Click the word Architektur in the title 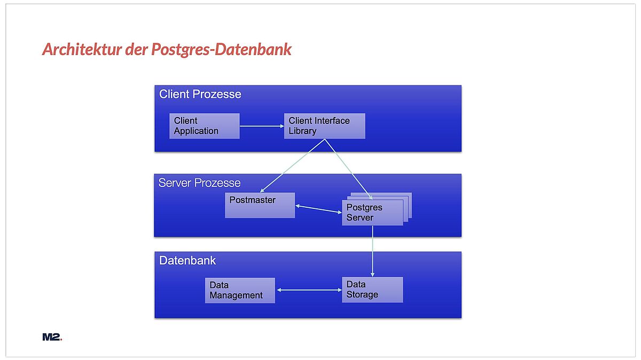tap(82, 49)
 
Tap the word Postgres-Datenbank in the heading tap(221, 49)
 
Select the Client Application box tap(204, 126)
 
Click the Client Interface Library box tap(325, 126)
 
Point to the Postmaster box tap(260, 205)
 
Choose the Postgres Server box tap(372, 213)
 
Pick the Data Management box tap(240, 290)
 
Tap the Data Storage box tap(372, 289)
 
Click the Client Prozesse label tap(200, 94)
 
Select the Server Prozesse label tap(199, 183)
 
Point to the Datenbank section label tap(187, 261)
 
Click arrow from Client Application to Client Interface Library tap(262, 126)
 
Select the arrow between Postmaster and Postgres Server tap(318, 209)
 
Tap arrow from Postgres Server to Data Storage tap(372, 251)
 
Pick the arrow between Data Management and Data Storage tap(309, 290)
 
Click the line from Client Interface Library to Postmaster tap(292, 166)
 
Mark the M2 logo tap(52, 337)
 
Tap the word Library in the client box tap(302, 131)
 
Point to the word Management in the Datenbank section tap(236, 295)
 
